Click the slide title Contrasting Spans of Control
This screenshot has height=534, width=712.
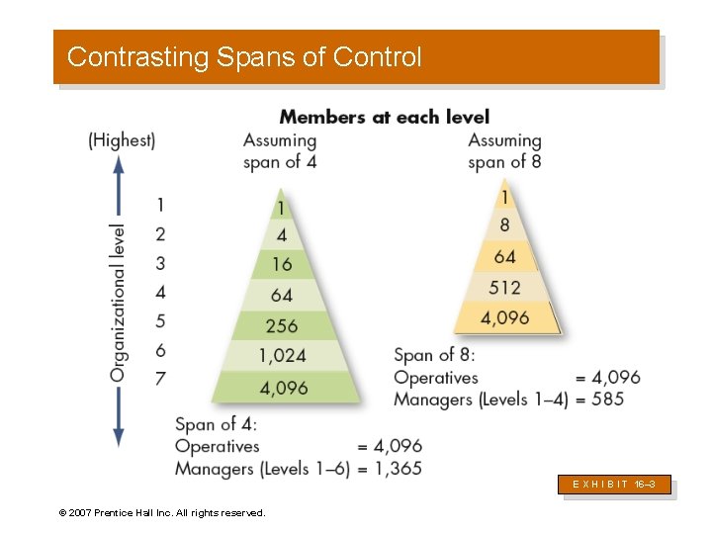tap(244, 57)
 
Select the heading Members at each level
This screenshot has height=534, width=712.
tap(384, 117)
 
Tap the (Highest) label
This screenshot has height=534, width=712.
tap(122, 140)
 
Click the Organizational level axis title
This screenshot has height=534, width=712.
tap(118, 303)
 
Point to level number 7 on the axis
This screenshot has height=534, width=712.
tap(160, 379)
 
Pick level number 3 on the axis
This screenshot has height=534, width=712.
tap(160, 263)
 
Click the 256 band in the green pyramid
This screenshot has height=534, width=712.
tap(282, 325)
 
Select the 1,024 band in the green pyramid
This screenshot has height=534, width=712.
tap(282, 355)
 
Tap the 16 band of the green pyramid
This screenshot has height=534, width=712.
tap(282, 264)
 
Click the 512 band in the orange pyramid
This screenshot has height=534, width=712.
tap(504, 287)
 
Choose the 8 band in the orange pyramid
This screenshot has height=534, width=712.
tap(504, 225)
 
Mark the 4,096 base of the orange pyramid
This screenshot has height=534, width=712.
tap(504, 317)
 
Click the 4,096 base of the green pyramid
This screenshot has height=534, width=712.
tap(285, 387)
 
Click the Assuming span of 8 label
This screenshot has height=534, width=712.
tap(504, 150)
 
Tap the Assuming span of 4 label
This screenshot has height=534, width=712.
tap(280, 150)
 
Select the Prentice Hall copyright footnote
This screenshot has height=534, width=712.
tap(161, 513)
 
